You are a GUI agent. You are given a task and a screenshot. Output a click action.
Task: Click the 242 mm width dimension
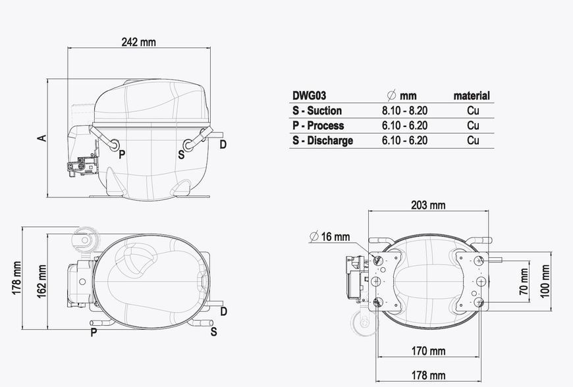[138, 42]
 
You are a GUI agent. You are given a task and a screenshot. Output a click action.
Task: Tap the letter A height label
[43, 138]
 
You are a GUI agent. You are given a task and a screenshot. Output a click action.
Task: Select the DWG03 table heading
[309, 95]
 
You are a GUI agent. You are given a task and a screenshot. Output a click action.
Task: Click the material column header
[472, 95]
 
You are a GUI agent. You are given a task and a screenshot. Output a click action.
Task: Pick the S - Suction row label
[317, 111]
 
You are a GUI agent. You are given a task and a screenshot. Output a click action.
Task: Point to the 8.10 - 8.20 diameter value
[404, 111]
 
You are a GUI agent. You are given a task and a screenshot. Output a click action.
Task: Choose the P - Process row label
[318, 125]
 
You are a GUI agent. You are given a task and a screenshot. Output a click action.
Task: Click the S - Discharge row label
[323, 141]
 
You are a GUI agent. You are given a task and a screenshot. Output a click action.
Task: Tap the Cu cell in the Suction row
[473, 111]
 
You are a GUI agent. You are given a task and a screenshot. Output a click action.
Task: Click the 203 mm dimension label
[428, 205]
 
